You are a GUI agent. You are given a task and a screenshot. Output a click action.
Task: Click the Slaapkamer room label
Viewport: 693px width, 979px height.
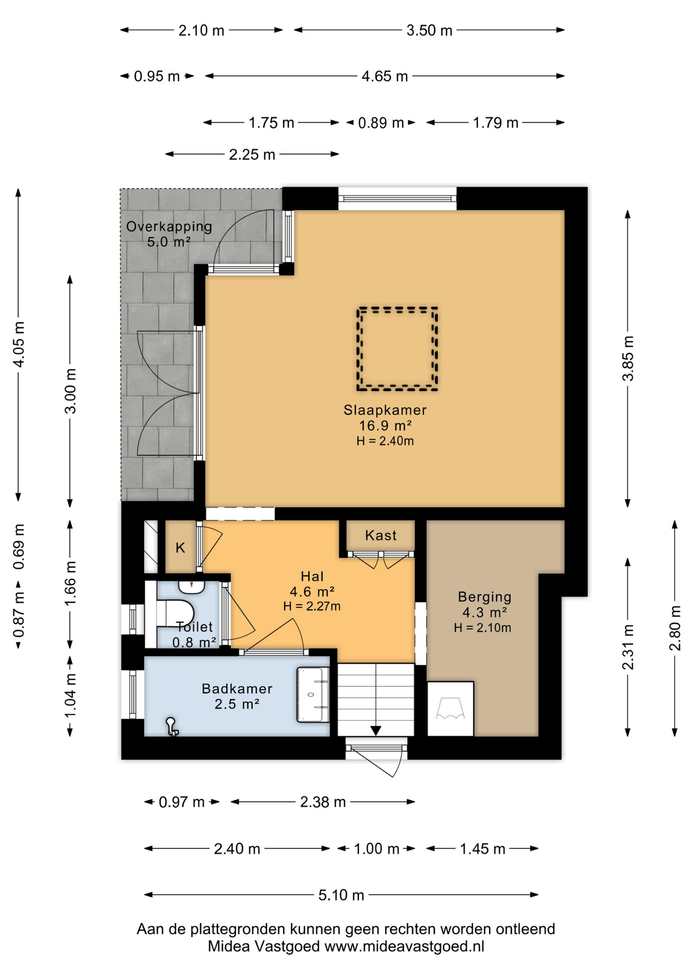(x=385, y=410)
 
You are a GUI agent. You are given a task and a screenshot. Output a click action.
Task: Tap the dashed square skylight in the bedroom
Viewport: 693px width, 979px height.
(x=398, y=309)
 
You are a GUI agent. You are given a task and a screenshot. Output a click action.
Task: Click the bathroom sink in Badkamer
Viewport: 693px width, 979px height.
(x=313, y=694)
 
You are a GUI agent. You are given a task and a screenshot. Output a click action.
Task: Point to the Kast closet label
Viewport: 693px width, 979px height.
(x=381, y=535)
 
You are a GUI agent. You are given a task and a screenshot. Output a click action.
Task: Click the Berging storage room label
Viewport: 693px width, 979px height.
(x=484, y=597)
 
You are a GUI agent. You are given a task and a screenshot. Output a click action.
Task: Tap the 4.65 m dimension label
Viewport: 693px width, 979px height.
(x=385, y=76)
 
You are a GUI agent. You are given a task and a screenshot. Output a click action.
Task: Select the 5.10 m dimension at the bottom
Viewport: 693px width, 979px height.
(x=341, y=895)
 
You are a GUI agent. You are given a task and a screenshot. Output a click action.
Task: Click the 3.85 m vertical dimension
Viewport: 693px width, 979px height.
(x=628, y=358)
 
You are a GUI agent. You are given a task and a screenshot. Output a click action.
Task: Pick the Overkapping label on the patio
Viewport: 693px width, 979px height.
(x=169, y=226)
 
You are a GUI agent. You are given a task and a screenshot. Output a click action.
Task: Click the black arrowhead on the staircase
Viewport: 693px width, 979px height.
(x=376, y=731)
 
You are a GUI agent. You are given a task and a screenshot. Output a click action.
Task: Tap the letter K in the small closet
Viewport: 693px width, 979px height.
(x=180, y=548)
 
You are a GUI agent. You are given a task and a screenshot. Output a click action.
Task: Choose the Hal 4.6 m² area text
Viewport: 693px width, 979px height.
(x=312, y=591)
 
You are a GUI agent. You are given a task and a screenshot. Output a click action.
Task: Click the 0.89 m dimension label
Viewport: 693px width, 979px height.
(x=381, y=123)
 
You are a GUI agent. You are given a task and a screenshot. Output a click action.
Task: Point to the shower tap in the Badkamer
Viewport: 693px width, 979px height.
(x=171, y=727)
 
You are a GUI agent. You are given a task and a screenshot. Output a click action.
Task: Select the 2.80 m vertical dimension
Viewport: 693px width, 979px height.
(x=675, y=628)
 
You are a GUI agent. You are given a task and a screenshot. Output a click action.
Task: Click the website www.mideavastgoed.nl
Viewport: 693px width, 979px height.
(x=404, y=947)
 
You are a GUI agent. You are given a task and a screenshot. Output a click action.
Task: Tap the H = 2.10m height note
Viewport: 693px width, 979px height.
(x=482, y=628)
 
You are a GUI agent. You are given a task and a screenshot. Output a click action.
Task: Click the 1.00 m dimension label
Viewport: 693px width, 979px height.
(x=376, y=849)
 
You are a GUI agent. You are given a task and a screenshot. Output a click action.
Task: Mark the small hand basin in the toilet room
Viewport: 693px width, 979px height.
(x=191, y=587)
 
